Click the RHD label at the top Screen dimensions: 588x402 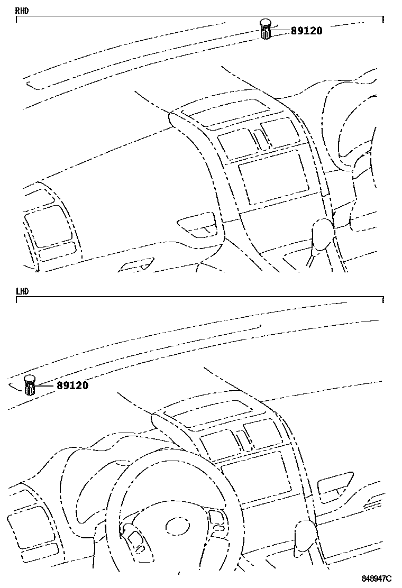(22, 11)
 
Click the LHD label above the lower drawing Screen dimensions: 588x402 (22, 291)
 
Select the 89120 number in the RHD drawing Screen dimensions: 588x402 (306, 31)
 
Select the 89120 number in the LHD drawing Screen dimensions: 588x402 (72, 385)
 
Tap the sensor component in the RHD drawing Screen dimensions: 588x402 (266, 29)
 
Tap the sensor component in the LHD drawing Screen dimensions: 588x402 (30, 384)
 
